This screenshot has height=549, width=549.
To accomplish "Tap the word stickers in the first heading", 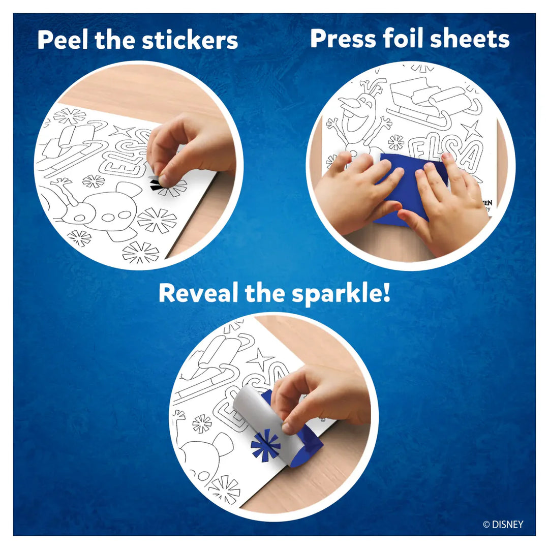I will coord(191,40).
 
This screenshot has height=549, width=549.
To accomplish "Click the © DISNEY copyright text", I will coord(503,525).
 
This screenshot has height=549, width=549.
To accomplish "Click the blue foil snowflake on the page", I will coord(265,444).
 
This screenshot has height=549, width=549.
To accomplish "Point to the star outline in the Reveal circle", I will coord(261,359).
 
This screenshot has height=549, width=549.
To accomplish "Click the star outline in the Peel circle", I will coord(121,131).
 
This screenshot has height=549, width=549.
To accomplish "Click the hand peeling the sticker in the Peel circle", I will coord(193,147).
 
